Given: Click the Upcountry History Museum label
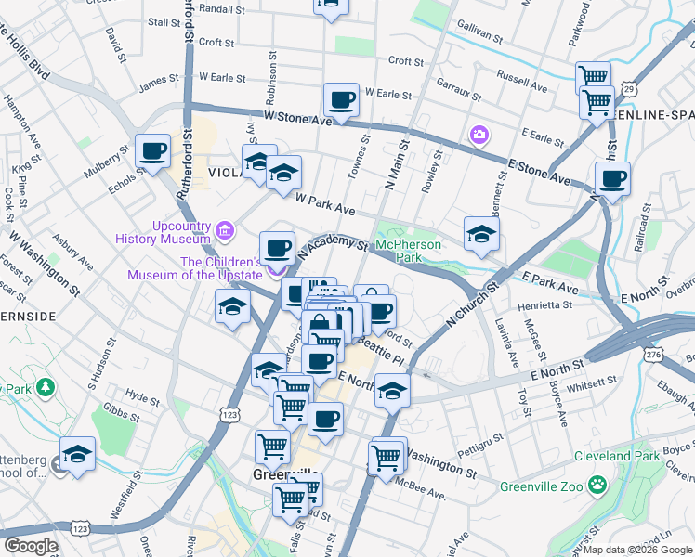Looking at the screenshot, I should point(164,232).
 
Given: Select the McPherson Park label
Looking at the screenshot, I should point(408,251).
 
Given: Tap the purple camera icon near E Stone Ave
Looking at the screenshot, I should point(479,136).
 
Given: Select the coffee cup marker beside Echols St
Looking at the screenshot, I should point(152,150).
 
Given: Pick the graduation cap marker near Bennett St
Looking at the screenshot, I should point(481,234).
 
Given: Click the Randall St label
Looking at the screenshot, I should point(221,8).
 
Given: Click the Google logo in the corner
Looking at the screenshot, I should point(31,546).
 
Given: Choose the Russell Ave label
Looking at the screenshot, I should point(521,73).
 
